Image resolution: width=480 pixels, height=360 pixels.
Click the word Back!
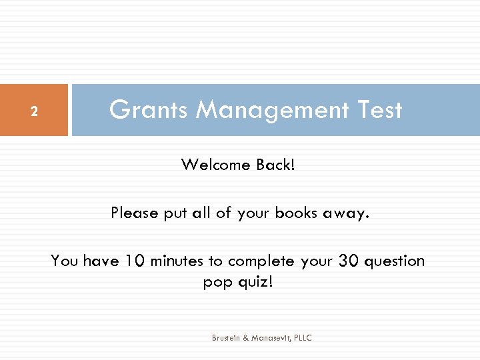(275, 164)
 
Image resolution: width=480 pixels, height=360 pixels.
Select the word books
(293, 213)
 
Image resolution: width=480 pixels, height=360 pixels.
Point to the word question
(394, 261)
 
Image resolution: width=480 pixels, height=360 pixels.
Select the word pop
(215, 283)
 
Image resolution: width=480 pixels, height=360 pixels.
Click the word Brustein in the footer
(226, 338)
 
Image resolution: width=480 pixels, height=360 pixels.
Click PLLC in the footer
(302, 338)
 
